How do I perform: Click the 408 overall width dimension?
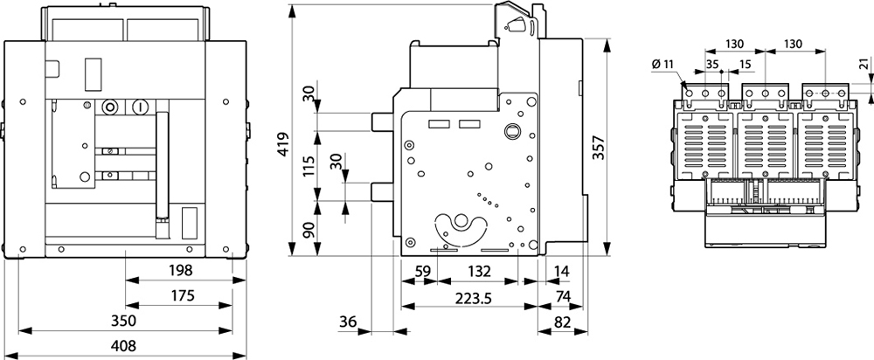[x=124, y=346]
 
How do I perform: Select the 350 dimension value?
[x=124, y=321]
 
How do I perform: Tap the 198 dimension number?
[x=180, y=271]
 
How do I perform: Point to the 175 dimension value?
[x=183, y=296]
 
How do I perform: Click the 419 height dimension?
[x=284, y=144]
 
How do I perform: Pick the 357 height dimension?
[x=598, y=148]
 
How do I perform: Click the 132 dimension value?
[x=478, y=272]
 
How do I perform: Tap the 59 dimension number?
[x=423, y=272]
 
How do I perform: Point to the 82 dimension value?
[x=563, y=322]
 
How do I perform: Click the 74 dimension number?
[x=563, y=296]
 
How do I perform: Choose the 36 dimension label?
[x=347, y=322]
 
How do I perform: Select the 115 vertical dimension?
[x=309, y=165]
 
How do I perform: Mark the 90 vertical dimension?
[x=309, y=230]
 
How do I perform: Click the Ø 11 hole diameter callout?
[x=662, y=64]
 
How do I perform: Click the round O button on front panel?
[x=110, y=107]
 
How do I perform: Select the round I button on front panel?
[x=140, y=107]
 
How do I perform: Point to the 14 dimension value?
[x=563, y=272]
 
